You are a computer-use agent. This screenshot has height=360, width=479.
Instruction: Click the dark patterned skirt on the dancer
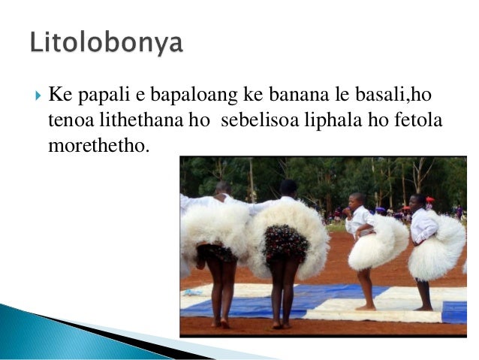pos(285,244)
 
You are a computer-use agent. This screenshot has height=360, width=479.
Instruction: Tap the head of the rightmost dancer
pos(417,201)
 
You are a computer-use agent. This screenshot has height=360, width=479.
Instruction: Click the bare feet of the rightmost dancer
pos(425,307)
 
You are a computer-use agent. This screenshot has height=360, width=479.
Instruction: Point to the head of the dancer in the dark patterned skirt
pos(288,187)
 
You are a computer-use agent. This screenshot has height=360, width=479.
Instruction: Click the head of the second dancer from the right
pos(359,199)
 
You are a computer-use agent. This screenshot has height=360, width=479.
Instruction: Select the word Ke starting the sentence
pos(58,97)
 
